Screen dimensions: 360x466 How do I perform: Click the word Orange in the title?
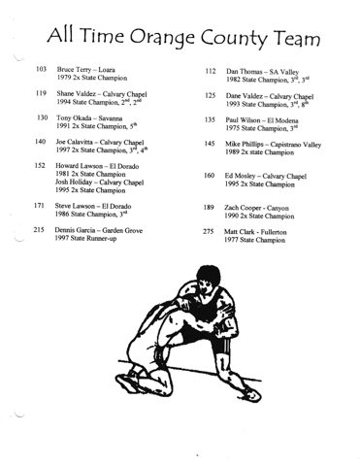pyautogui.click(x=162, y=37)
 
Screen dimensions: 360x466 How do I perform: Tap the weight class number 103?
pyautogui.click(x=41, y=69)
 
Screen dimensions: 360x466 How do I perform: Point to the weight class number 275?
pyautogui.click(x=209, y=231)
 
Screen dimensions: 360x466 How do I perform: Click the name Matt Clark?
pyautogui.click(x=239, y=232)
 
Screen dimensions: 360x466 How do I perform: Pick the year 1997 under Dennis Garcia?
pyautogui.click(x=61, y=239)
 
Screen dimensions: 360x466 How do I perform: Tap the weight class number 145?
pyautogui.click(x=210, y=144)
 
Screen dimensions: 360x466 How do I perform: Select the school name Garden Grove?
pyautogui.click(x=122, y=231)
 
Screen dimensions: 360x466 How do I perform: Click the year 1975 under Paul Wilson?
pyautogui.click(x=233, y=128)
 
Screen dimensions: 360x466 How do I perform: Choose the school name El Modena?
pyautogui.click(x=282, y=120)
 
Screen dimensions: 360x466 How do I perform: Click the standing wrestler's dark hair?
pyautogui.click(x=209, y=274)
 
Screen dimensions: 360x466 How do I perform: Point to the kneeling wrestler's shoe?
pyautogui.click(x=128, y=383)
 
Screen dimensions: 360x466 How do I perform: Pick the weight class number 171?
pyautogui.click(x=39, y=205)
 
